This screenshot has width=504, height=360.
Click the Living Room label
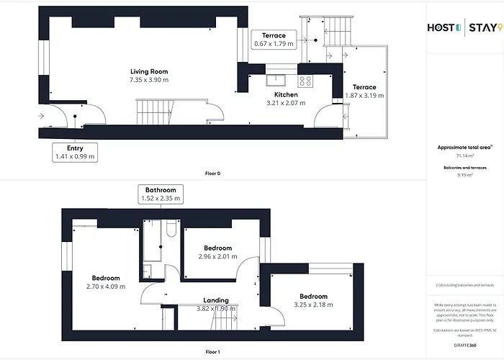click(149, 71)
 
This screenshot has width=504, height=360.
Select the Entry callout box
click(76, 151)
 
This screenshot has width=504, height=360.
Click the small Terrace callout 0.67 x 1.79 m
click(274, 40)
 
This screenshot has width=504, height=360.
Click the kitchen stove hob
click(305, 80)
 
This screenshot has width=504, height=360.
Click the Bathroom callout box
click(160, 193)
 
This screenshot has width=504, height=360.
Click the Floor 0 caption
click(213, 173)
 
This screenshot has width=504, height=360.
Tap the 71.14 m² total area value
click(464, 155)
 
